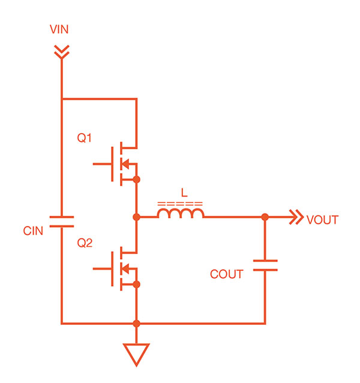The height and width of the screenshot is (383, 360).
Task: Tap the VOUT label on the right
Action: click(322, 220)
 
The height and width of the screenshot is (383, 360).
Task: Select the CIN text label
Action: click(33, 230)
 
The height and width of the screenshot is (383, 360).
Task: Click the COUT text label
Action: click(226, 275)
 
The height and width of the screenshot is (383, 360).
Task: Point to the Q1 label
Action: click(85, 138)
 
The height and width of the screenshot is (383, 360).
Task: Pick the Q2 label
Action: click(85, 243)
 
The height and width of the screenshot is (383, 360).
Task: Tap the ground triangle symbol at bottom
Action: click(136, 354)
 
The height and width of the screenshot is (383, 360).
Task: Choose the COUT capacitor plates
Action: click(265, 266)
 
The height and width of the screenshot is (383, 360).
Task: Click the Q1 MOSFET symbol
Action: click(120, 162)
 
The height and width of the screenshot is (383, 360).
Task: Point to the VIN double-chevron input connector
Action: click(61, 52)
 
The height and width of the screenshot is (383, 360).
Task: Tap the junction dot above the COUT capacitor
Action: click(265, 217)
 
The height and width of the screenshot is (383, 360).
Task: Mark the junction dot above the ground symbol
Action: click(137, 324)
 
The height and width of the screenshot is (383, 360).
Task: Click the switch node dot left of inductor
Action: click(137, 217)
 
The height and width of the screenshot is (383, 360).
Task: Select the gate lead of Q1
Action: click(102, 162)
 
